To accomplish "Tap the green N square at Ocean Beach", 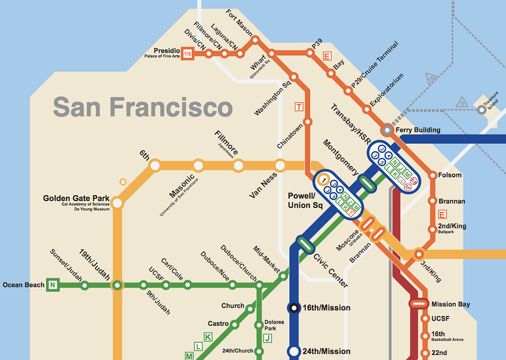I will tap(52, 285).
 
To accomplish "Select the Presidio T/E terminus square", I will tap(188, 53).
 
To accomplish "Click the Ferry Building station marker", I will tap(387, 130).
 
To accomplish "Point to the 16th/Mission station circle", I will tap(294, 307).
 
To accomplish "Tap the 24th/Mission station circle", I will tap(294, 351).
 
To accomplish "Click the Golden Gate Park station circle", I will tap(117, 203).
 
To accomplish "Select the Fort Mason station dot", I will tap(255, 39).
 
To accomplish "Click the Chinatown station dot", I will tap(308, 121).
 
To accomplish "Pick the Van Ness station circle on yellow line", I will tap(280, 165).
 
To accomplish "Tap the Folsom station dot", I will tap(433, 175).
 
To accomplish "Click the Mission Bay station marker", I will tap(418, 304).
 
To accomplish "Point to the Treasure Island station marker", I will tap(481, 110).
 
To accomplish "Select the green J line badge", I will tap(268, 338).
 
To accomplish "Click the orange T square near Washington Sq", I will tap(299, 107).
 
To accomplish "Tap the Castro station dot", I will tap(234, 324).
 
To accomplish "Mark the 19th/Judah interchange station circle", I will tap(117, 285).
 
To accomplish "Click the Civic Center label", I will tap(330, 270).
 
